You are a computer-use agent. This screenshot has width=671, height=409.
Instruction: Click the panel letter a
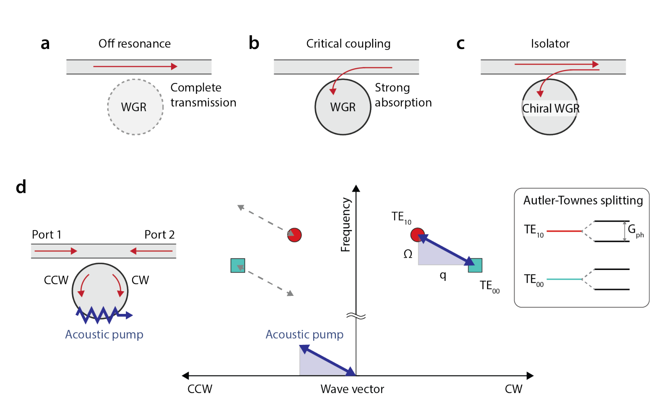coord(45,44)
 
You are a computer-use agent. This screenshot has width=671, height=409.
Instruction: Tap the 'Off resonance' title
coord(135,44)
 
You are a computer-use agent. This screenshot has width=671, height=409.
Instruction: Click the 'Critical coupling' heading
coord(348,44)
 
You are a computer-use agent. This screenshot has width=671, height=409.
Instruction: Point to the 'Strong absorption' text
coord(403,95)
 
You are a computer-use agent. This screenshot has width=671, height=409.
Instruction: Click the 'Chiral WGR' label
coord(550,109)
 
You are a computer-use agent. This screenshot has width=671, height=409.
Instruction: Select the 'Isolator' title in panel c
coord(550,44)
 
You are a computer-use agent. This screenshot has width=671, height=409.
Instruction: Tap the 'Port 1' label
coord(47,235)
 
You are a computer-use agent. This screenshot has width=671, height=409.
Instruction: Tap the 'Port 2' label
coord(159,235)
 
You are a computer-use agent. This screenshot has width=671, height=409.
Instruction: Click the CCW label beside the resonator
coord(56,280)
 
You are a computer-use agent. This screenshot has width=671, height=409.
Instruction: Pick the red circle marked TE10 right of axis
coord(417,235)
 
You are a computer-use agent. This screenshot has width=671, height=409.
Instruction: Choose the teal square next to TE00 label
coord(475,265)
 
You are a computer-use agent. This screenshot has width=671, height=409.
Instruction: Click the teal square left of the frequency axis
coord(238,266)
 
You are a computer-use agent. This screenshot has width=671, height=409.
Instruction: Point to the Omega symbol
coord(408,254)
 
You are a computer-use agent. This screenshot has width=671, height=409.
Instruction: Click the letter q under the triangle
coord(443,275)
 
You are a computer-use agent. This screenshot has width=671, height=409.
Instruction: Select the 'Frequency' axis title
coord(346,225)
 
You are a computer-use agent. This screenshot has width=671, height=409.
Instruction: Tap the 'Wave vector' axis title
coord(352,389)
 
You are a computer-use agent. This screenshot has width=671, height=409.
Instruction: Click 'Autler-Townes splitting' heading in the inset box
coord(583,200)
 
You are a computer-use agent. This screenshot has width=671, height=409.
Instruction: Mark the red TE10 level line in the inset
coord(564,231)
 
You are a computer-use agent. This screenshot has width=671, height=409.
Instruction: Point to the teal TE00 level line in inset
coord(564,279)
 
